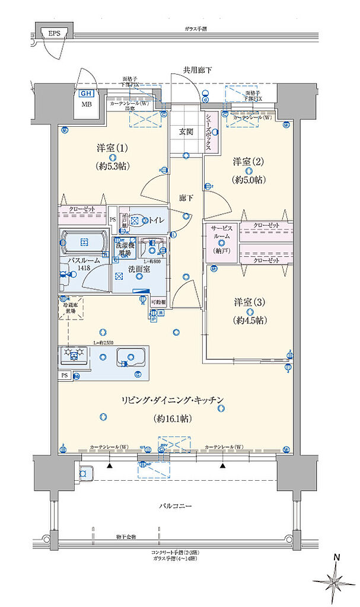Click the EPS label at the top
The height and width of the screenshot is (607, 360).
pyautogui.click(x=54, y=33)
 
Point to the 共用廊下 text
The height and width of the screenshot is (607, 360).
pyautogui.click(x=197, y=70)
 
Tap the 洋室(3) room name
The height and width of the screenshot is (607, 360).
pyautogui.click(x=249, y=301)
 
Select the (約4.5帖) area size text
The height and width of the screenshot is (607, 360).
pyautogui.click(x=249, y=320)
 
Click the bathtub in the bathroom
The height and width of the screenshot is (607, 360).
pyautogui.click(x=84, y=242)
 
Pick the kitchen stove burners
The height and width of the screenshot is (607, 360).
pyautogui.click(x=74, y=355)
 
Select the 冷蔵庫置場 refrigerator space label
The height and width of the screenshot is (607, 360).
pyautogui.click(x=70, y=307)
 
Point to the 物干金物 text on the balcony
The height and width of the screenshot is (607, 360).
pyautogui.click(x=126, y=537)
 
